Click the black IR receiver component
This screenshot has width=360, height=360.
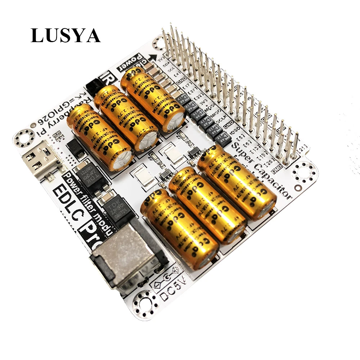[95, 86]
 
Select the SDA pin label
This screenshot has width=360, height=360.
[166, 67]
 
